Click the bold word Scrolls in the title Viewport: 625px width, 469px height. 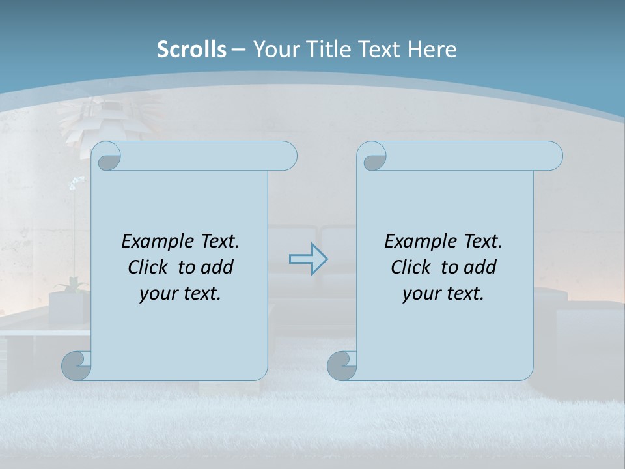[x=191, y=50]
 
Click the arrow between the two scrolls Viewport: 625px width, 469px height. [x=308, y=259]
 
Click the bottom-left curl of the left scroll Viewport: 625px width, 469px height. [x=76, y=365]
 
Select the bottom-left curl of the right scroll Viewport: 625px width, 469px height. [x=342, y=365]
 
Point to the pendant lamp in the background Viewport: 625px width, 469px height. [x=91, y=121]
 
